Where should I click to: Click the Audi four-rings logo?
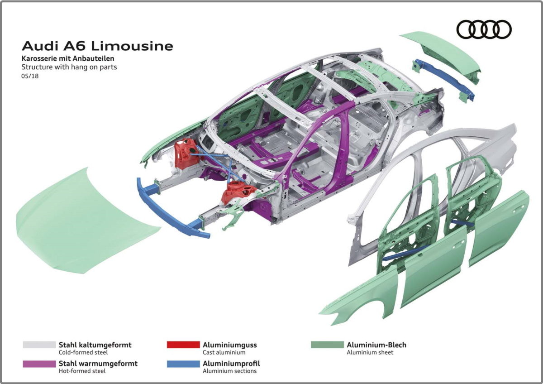pyautogui.click(x=484, y=30)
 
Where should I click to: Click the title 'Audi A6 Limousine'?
pyautogui.click(x=97, y=46)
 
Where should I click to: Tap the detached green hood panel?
pyautogui.click(x=81, y=222)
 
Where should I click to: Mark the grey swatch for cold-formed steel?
pyautogui.click(x=39, y=345)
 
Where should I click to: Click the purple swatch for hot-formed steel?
pyautogui.click(x=39, y=364)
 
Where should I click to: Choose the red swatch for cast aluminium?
pyautogui.click(x=183, y=345)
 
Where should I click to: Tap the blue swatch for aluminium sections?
pyautogui.click(x=183, y=364)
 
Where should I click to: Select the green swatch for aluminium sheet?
pyautogui.click(x=327, y=345)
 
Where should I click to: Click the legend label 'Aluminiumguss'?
pyautogui.click(x=229, y=345)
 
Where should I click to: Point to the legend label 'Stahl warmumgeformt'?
pyautogui.click(x=98, y=363)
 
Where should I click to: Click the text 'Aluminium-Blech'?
pyautogui.click(x=376, y=345)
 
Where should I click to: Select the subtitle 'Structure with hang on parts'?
pyautogui.click(x=69, y=67)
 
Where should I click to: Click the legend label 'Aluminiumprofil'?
pyautogui.click(x=231, y=363)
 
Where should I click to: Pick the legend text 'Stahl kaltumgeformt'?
pyautogui.click(x=95, y=345)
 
